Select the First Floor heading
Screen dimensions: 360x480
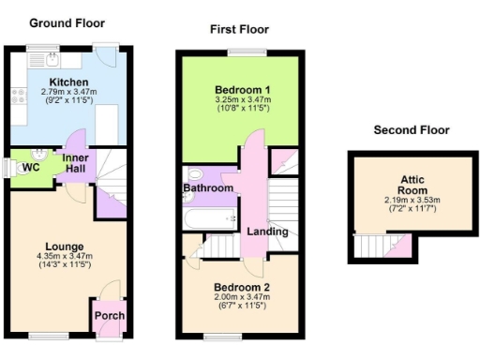pos(238,29)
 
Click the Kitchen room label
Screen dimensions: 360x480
pos(63,82)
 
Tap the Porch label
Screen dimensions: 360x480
pos(109,316)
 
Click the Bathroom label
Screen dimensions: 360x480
pos(207,188)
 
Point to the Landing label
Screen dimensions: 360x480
pos(267,232)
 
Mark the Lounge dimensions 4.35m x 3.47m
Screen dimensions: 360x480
pos(63,259)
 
